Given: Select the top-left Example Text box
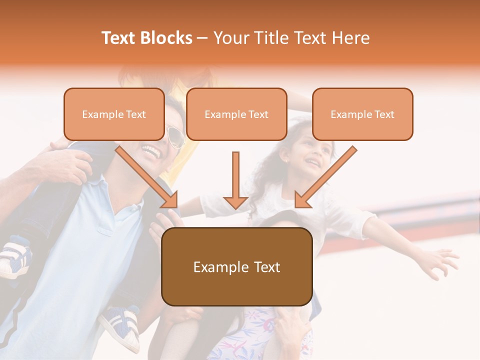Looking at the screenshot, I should click(114, 114).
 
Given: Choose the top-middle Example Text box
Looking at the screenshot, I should click(236, 114).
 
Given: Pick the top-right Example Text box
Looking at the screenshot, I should click(362, 114).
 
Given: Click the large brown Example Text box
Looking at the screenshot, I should click(236, 266).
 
